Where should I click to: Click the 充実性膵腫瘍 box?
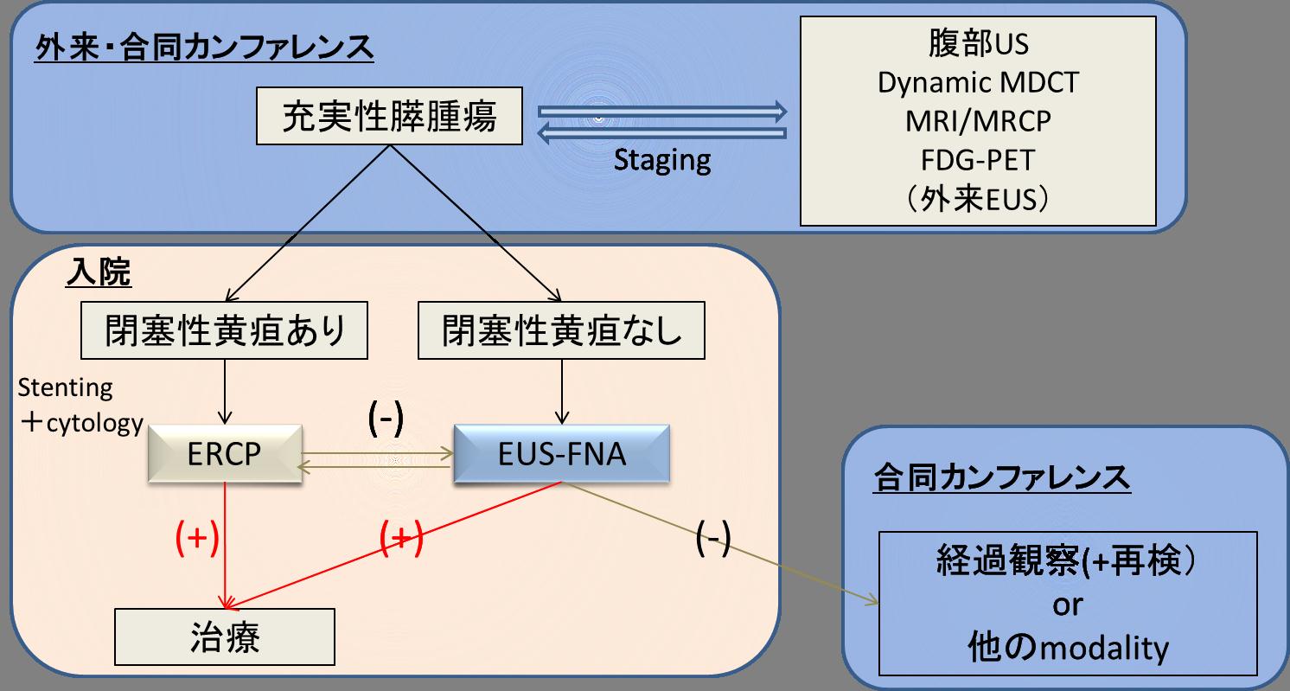[390, 119]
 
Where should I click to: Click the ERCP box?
[224, 453]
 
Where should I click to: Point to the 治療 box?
[224, 639]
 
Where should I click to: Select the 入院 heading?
[98, 274]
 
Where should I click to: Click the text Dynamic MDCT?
[978, 83]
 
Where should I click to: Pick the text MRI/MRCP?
[978, 121]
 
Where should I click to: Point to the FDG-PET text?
[978, 160]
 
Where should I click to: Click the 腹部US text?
[978, 44]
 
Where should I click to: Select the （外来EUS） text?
[978, 200]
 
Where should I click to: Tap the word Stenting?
[65, 387]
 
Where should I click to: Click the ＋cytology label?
[80, 424]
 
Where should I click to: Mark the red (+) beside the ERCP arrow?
[196, 538]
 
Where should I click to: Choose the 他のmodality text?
[1067, 647]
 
